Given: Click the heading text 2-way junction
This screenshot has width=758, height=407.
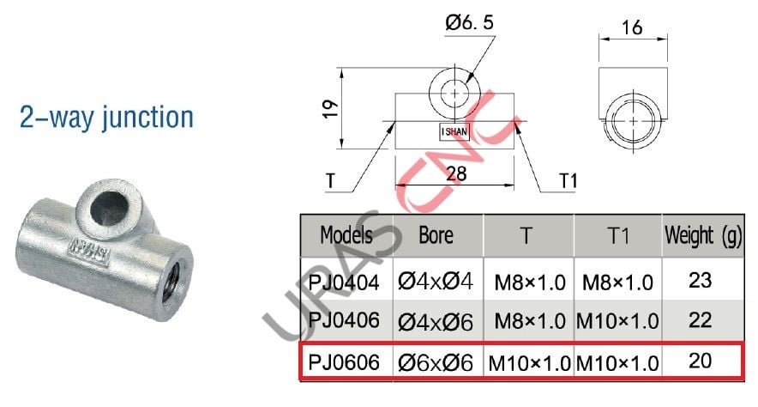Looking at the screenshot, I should click(106, 118).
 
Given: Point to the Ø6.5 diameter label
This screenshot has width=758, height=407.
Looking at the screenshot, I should click(468, 26).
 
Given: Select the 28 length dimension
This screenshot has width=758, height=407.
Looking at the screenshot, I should click(456, 173).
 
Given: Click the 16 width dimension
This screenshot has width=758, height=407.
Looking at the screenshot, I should click(632, 27).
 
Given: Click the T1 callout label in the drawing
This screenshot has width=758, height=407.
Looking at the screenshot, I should click(568, 182).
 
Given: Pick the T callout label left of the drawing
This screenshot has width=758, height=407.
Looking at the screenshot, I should click(330, 182).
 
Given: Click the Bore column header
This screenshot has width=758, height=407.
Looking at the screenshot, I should click(436, 235).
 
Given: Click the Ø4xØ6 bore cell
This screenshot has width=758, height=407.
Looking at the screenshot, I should click(436, 321).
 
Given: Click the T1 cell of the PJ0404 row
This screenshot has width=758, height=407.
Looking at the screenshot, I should click(617, 280).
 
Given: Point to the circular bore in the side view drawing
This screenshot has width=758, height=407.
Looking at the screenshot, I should click(632, 122).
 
